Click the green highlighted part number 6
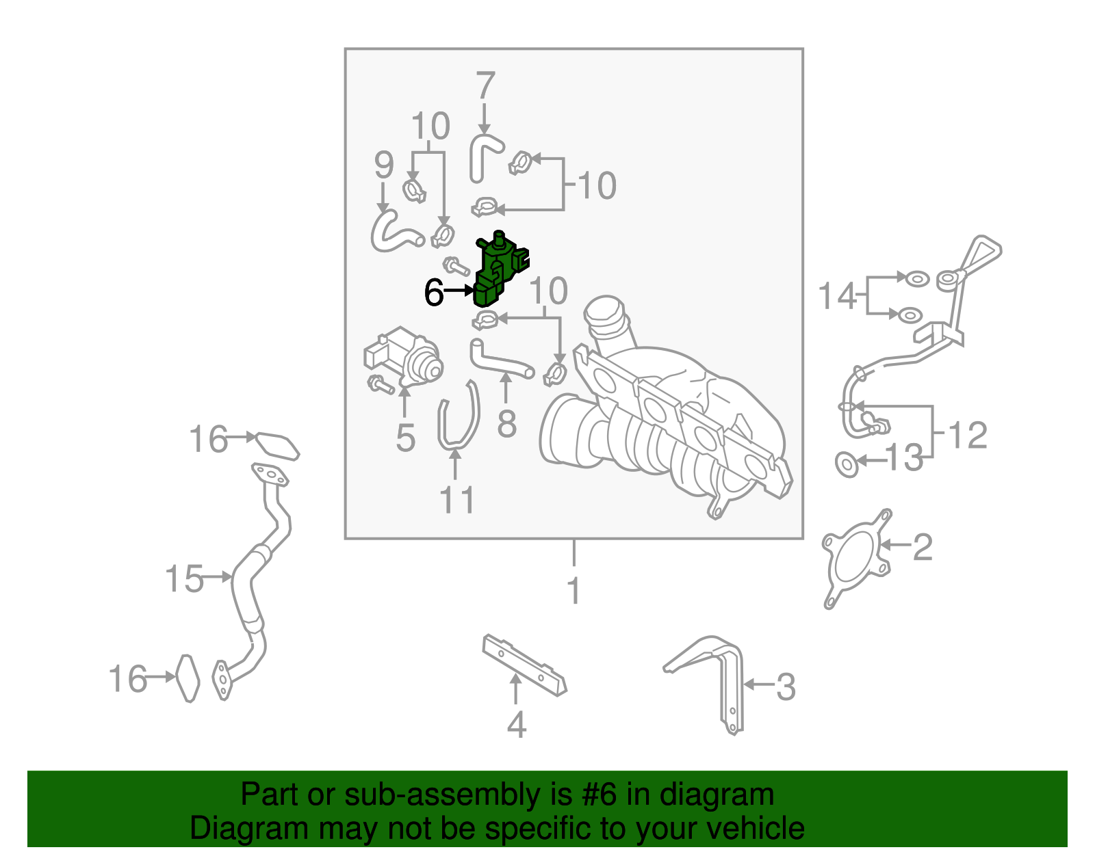(x=501, y=270)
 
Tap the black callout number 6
(x=434, y=293)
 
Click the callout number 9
(x=384, y=165)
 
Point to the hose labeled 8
(x=498, y=360)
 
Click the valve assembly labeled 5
(x=404, y=357)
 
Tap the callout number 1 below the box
(x=574, y=591)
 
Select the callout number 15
(x=184, y=578)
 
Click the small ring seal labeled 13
(x=847, y=464)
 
